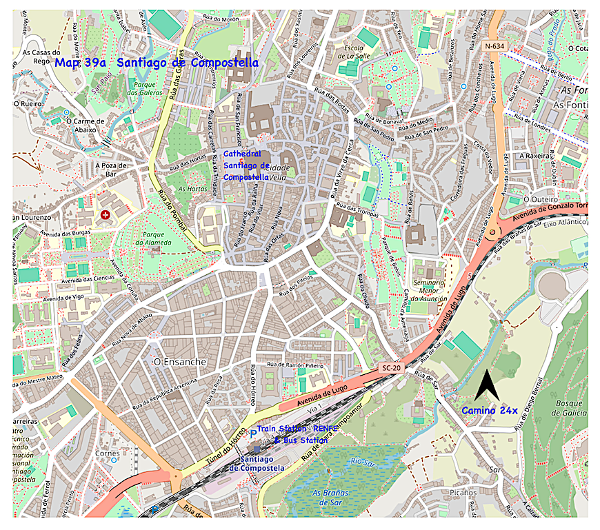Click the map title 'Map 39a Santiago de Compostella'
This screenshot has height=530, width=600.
[x=157, y=63]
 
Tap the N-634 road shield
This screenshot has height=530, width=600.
[x=494, y=46]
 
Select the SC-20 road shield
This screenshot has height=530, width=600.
[x=390, y=368]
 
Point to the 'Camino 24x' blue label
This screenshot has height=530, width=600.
[x=489, y=410]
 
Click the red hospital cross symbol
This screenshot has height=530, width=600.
[x=105, y=216]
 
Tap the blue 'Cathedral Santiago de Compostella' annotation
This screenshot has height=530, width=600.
[x=246, y=165]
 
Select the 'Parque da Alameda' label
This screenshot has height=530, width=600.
[x=159, y=238]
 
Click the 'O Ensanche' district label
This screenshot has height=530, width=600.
[x=180, y=362]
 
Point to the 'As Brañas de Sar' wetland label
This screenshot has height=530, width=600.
[x=330, y=497]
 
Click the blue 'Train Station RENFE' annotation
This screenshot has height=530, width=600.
[x=298, y=428]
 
